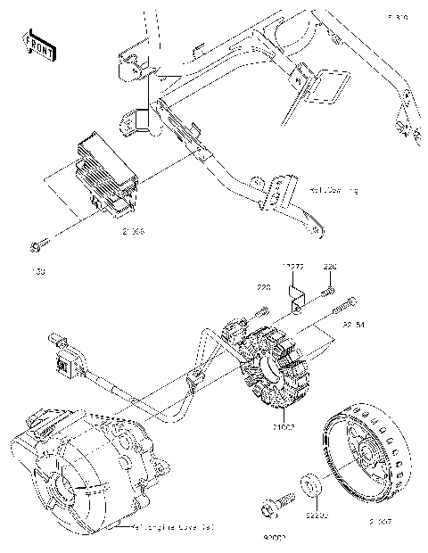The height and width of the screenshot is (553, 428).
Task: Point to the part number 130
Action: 38,268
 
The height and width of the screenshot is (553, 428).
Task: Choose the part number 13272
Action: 295,267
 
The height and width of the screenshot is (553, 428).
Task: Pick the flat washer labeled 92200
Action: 311,487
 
